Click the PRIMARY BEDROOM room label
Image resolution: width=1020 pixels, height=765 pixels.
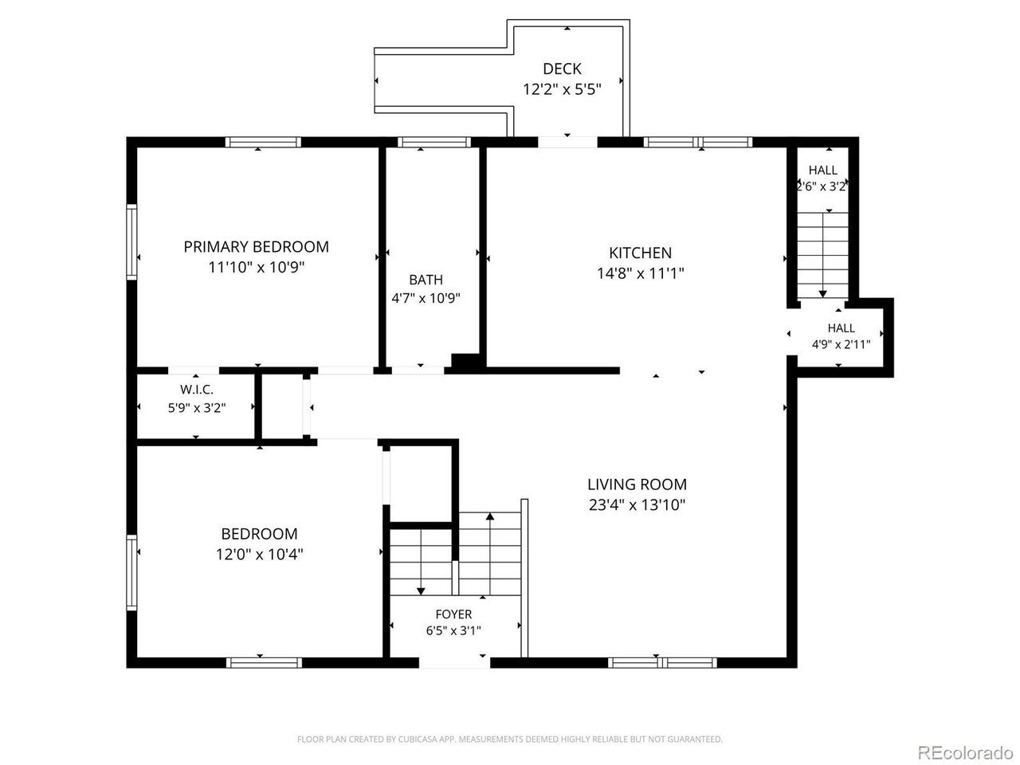pos(256,247)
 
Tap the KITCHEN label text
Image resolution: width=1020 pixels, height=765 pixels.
pos(640,253)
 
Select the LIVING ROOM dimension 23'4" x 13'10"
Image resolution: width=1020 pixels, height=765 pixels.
pos(637,504)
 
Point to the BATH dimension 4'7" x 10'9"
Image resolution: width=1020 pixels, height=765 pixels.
pos(426,298)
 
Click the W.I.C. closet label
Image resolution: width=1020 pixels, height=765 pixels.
pos(197,389)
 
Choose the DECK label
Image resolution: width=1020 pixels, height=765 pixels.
pos(562,69)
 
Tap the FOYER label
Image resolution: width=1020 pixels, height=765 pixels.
pos(453,614)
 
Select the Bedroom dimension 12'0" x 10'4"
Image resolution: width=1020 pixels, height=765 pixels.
pos(259,554)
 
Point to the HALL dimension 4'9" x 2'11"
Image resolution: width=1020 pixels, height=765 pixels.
pos(841,344)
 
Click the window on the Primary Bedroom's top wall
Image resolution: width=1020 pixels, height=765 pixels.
pos(263,142)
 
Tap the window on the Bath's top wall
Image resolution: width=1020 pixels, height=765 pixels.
pos(434,142)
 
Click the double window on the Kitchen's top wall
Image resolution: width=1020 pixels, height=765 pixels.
pos(697,142)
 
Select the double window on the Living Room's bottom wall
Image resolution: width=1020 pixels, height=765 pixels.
pos(662,662)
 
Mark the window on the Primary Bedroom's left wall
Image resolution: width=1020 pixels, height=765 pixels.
pos(132,242)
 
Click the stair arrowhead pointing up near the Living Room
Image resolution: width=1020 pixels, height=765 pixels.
pos(490,516)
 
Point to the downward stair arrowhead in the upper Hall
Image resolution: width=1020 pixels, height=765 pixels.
pos(822,294)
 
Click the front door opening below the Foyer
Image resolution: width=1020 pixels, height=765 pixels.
pos(454,663)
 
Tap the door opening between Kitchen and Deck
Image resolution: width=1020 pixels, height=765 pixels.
pos(567,142)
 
